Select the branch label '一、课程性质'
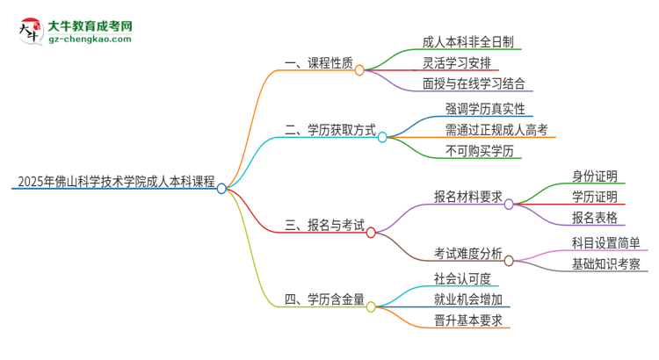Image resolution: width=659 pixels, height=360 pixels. point(319,63)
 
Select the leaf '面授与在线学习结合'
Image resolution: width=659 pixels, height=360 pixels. point(474,85)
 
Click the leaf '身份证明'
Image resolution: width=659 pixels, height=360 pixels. point(594,174)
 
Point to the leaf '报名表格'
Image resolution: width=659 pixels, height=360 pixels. point(594,217)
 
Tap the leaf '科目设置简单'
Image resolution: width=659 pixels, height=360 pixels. point(605,242)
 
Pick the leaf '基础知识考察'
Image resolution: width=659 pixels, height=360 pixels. point(605,264)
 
